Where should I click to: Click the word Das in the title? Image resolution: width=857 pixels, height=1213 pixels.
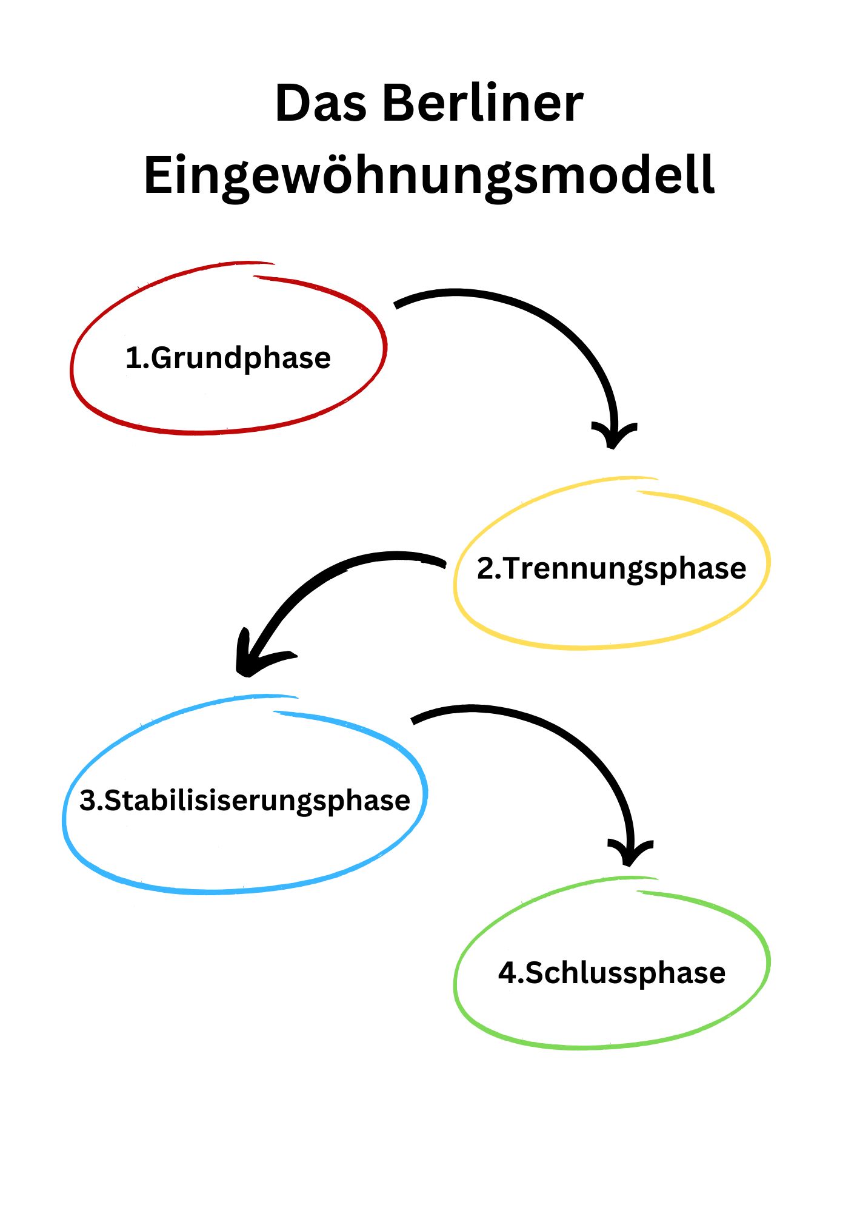click(x=321, y=103)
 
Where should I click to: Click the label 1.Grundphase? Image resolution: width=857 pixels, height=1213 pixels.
click(x=228, y=358)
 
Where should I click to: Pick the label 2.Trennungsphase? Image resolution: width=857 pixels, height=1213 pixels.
click(x=612, y=570)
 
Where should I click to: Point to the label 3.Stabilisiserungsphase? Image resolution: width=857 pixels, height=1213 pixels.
click(x=245, y=801)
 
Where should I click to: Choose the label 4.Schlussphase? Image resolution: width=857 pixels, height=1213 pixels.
click(x=612, y=973)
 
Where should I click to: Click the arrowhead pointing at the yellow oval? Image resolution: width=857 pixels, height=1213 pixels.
click(x=613, y=435)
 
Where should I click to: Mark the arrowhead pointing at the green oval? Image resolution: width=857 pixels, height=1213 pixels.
click(x=630, y=853)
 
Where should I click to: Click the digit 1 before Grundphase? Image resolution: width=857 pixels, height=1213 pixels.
click(x=133, y=358)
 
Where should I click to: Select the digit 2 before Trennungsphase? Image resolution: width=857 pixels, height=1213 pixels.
click(x=485, y=569)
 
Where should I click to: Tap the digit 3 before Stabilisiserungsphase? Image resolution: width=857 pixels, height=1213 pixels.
click(x=88, y=801)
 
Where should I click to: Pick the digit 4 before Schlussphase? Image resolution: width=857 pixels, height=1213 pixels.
click(x=507, y=973)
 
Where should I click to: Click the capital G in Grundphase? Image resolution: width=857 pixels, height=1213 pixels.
click(x=162, y=358)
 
